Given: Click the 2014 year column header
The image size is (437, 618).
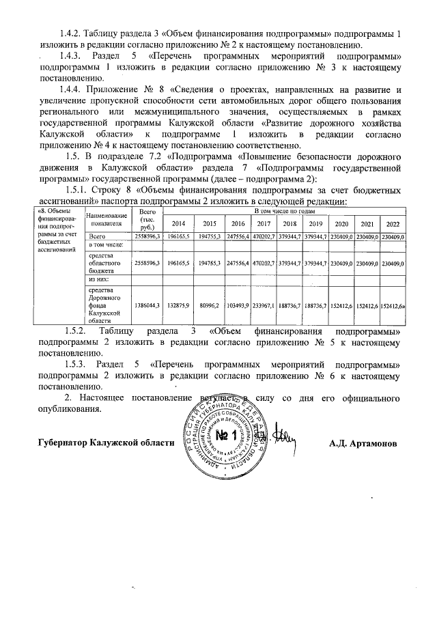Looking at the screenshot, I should (178, 224).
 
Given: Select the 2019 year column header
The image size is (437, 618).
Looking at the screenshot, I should (315, 224).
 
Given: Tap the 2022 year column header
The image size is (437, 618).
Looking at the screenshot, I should (393, 224).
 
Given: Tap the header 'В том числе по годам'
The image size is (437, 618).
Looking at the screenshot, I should (285, 212).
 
